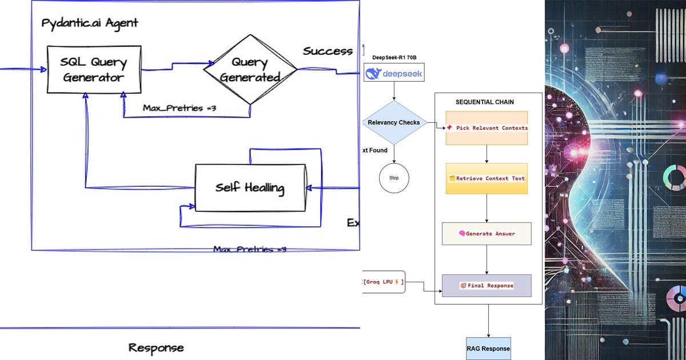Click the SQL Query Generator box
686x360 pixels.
[94, 70]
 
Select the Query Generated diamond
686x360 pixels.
[250, 70]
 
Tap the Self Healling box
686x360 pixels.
[250, 187]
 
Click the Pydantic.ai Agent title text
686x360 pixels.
[90, 23]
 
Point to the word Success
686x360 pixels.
[328, 51]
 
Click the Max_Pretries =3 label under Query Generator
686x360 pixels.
[180, 109]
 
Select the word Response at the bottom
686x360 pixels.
[156, 347]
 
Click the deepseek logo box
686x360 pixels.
[394, 73]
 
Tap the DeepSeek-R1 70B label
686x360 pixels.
[394, 57]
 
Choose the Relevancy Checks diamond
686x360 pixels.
[394, 122]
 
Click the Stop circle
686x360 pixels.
[394, 178]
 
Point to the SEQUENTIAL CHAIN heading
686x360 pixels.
[484, 102]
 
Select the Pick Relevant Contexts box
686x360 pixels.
[486, 128]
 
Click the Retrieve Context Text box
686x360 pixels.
[486, 178]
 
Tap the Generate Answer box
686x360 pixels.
[486, 234]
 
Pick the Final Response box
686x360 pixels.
[486, 285]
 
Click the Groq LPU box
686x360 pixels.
[384, 282]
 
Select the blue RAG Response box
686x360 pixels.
[488, 348]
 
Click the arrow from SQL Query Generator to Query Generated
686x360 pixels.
[171, 69]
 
